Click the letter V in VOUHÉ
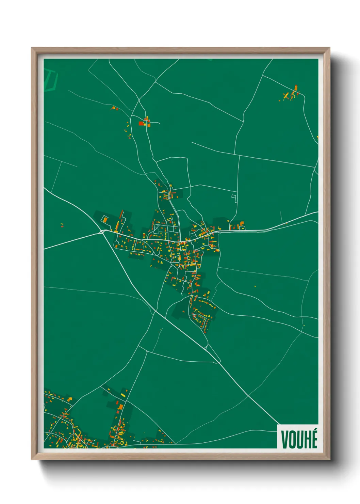click(284, 439)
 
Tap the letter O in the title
click(292, 439)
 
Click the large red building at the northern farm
click(141, 123)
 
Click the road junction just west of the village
click(102, 232)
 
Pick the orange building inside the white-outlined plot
click(105, 220)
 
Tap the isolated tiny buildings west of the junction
click(62, 225)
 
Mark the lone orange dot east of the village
click(255, 286)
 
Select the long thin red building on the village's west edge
click(121, 215)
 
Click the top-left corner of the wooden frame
click(32, 48)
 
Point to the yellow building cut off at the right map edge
click(317, 138)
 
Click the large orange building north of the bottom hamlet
click(120, 407)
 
